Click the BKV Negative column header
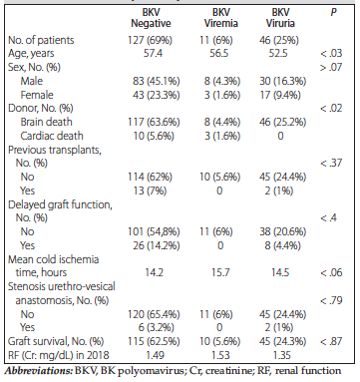pyautogui.click(x=151, y=18)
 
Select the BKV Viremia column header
pyautogui.click(x=221, y=18)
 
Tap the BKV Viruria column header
pyautogui.click(x=280, y=18)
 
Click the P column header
pyautogui.click(x=333, y=13)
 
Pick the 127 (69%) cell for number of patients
pyautogui.click(x=151, y=40)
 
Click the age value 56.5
pyautogui.click(x=219, y=54)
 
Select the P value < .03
pyautogui.click(x=331, y=54)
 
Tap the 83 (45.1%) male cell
pyautogui.click(x=157, y=81)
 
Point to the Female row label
pyautogui.click(x=37, y=95)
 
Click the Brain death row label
pyautogui.click(x=46, y=122)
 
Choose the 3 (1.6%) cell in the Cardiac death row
pyautogui.click(x=222, y=136)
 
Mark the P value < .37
pyautogui.click(x=331, y=164)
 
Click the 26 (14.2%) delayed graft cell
pyautogui.click(x=157, y=245)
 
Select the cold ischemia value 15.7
pyautogui.click(x=220, y=273)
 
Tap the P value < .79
pyautogui.click(x=331, y=301)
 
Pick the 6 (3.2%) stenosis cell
pyautogui.click(x=156, y=328)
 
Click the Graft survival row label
pyautogui.click(x=56, y=342)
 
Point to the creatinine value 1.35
pyautogui.click(x=281, y=355)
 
